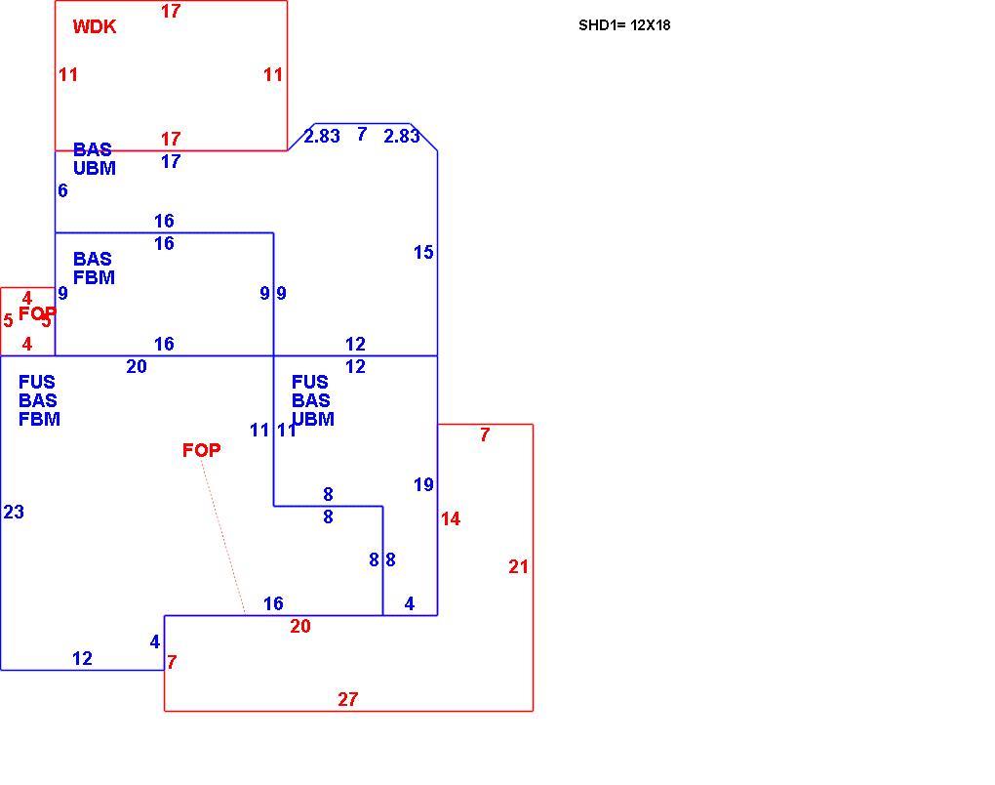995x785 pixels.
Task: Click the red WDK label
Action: (95, 26)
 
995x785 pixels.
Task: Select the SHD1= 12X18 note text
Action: (624, 25)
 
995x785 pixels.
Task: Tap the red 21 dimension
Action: (518, 566)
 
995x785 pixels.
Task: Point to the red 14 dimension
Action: (451, 518)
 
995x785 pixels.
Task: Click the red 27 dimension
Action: (347, 699)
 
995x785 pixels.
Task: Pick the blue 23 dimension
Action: (14, 512)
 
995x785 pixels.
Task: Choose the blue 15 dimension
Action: (423, 252)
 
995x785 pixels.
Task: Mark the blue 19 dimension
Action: (423, 484)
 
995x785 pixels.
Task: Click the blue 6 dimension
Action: (62, 190)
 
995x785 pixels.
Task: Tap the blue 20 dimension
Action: (137, 366)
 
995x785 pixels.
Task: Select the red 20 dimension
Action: (300, 626)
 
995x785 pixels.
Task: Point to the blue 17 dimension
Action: (171, 161)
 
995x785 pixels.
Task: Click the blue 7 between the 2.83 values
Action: (362, 134)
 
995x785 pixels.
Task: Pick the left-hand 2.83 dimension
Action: (322, 136)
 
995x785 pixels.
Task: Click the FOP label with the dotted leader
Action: (202, 450)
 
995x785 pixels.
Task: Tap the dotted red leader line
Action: (223, 537)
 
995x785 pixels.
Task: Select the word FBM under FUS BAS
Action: (39, 419)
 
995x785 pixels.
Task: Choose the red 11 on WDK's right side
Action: (273, 75)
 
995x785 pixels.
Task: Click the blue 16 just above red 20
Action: (273, 603)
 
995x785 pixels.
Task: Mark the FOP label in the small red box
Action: (37, 313)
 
